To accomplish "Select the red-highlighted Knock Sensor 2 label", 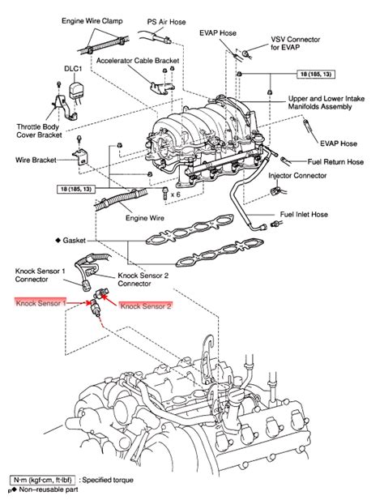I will (x=146, y=306).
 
